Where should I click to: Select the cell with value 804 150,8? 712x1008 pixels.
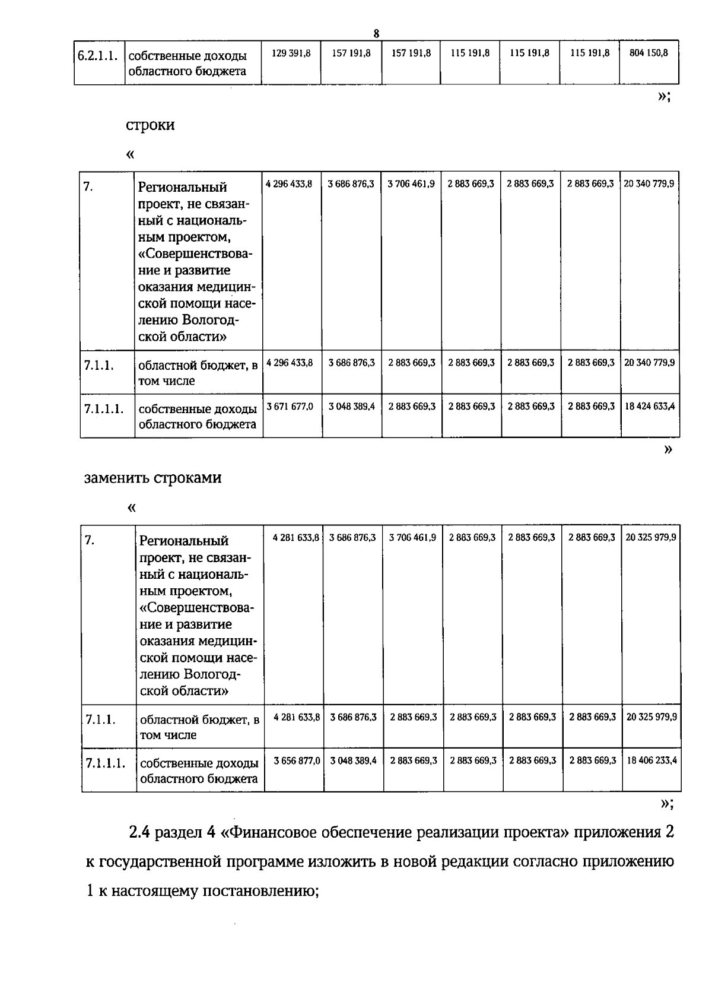649,53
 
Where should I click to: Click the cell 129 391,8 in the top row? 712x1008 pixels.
291,53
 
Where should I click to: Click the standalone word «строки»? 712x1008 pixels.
150,125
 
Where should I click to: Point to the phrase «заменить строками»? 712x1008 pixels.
153,478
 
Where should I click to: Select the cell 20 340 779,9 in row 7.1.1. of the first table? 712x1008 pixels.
649,362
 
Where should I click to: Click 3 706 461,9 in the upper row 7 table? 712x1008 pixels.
411,184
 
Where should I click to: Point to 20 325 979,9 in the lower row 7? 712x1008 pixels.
651,537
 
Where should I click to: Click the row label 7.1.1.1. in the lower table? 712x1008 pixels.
105,763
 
